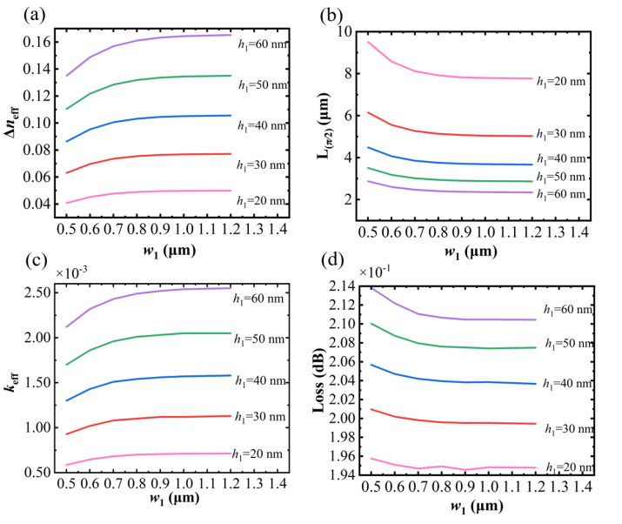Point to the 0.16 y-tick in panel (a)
tap(38, 41)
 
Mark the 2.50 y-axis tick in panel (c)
tap(37, 292)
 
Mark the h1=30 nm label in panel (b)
tap(583, 135)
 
